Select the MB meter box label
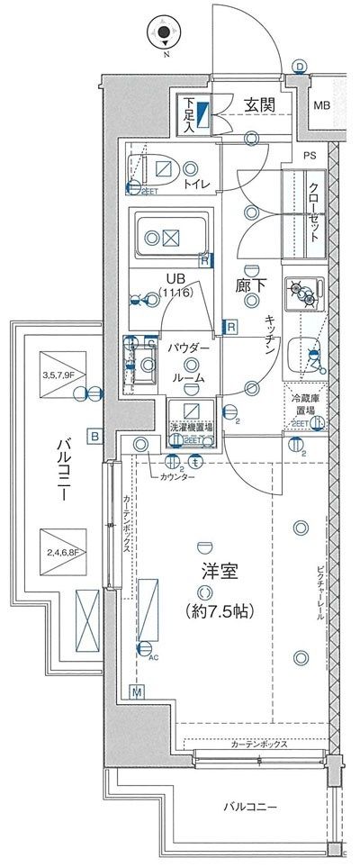321,106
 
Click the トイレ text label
198,185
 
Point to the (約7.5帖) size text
219,611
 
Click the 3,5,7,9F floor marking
58,375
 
